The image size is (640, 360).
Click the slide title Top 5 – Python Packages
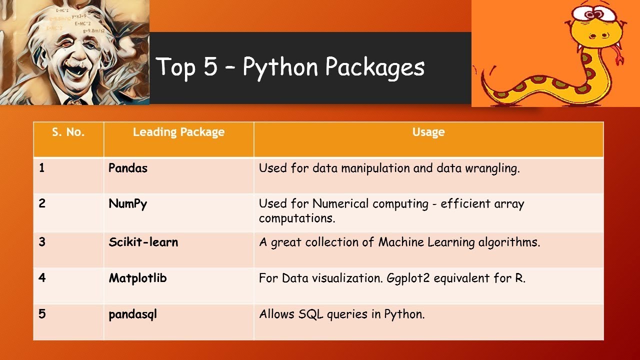[290, 67]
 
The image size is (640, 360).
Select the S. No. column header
[68, 132]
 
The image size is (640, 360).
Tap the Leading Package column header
[178, 132]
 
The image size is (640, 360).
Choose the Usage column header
[428, 132]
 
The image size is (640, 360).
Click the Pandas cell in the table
[128, 168]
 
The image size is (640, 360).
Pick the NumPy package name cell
[128, 204]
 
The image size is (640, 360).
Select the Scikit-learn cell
[143, 242]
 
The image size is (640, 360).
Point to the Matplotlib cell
[137, 278]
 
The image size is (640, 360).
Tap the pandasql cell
[132, 315]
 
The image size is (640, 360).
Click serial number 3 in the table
[42, 242]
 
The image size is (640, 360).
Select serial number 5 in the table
[42, 315]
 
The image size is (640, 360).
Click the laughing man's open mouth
[76, 69]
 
